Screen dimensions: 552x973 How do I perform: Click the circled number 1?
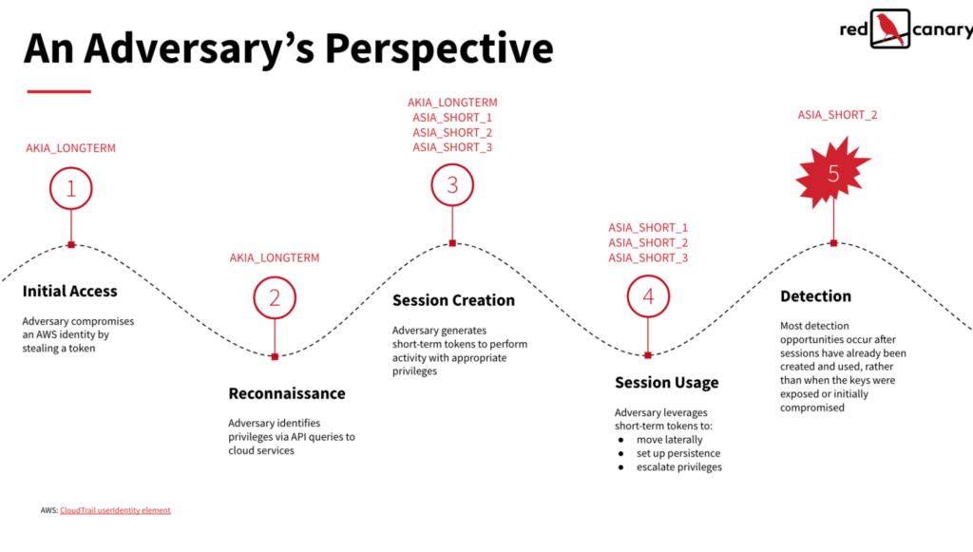coord(71,188)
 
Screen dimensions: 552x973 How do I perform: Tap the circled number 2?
coord(275,298)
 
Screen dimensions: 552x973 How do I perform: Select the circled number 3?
coord(452,185)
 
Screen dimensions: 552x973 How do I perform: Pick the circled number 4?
coord(648,296)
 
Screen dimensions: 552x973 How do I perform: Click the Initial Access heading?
coord(70,292)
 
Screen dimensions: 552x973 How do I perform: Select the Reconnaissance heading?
coord(287,393)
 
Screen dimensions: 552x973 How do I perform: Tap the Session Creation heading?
coord(453,300)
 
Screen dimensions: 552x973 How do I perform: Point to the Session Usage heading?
coord(666,383)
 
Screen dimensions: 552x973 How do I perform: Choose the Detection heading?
coord(815,296)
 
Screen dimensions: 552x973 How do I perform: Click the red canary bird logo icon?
coord(889,29)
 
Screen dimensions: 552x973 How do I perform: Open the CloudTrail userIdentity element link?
coord(115,510)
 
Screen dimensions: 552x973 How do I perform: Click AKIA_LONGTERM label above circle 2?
coord(275,257)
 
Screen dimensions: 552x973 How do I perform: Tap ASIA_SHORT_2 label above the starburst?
coord(837,115)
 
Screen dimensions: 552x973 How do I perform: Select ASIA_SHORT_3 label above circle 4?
coord(648,258)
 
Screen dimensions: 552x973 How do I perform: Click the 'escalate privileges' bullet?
coord(678,466)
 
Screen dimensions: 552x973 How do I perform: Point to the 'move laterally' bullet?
coord(669,440)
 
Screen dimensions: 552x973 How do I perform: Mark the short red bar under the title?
coord(59,91)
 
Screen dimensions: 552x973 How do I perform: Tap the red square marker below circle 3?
coord(452,243)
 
